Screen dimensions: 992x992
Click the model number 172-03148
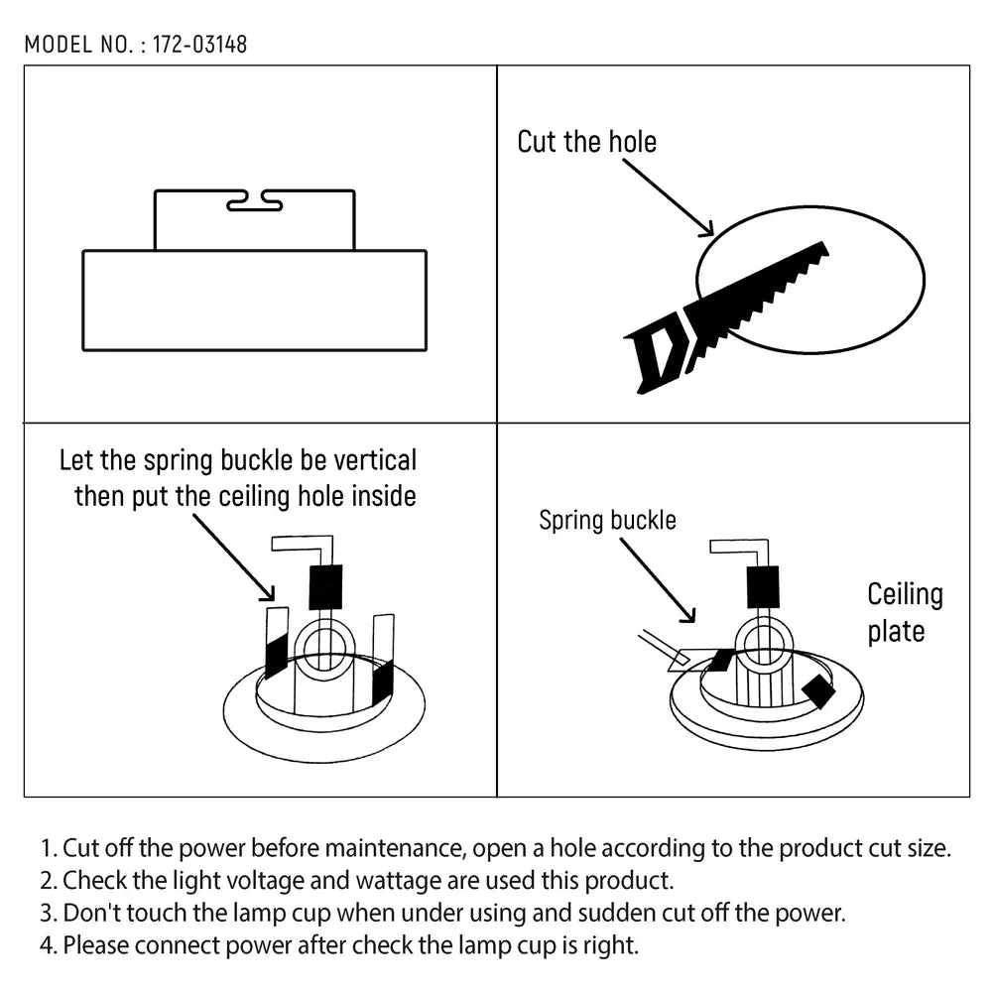coord(199,45)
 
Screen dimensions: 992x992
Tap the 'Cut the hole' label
coord(586,141)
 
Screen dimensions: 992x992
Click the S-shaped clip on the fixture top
coord(254,203)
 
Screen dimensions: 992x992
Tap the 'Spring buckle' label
coord(607,520)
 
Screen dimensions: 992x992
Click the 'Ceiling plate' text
coord(904,613)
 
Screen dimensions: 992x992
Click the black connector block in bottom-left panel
coord(325,586)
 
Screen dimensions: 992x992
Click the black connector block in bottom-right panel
coord(763,586)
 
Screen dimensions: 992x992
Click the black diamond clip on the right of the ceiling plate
coord(820,692)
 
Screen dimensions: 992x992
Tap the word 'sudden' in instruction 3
coord(598,913)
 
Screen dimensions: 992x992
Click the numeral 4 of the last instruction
coord(46,945)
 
